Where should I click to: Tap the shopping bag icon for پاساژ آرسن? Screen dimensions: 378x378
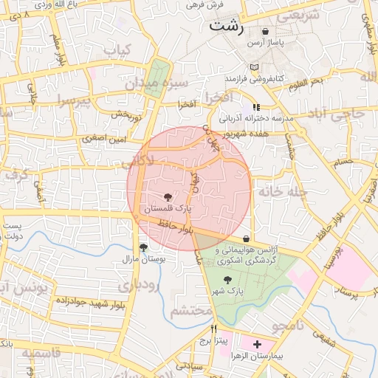pyautogui.click(x=265, y=32)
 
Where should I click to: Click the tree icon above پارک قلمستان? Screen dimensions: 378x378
pyautogui.click(x=168, y=197)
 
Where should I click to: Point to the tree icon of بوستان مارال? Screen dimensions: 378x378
pyautogui.click(x=142, y=248)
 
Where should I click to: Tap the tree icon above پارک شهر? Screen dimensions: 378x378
pyautogui.click(x=227, y=279)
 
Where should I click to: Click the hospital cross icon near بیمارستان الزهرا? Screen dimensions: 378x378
pyautogui.click(x=257, y=344)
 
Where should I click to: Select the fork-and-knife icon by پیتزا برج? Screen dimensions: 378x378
pyautogui.click(x=214, y=329)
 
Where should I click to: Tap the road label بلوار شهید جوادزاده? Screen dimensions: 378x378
pyautogui.click(x=75, y=303)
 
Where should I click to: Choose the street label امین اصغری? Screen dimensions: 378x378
pyautogui.click(x=104, y=138)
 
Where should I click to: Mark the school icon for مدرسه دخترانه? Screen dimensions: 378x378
pyautogui.click(x=256, y=108)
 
